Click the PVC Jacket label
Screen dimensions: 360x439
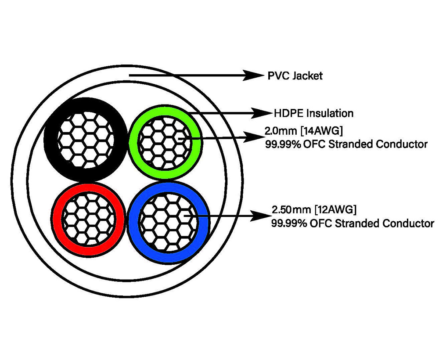click(295, 76)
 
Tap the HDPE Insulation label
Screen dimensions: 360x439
click(313, 113)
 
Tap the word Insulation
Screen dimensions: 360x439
click(330, 113)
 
